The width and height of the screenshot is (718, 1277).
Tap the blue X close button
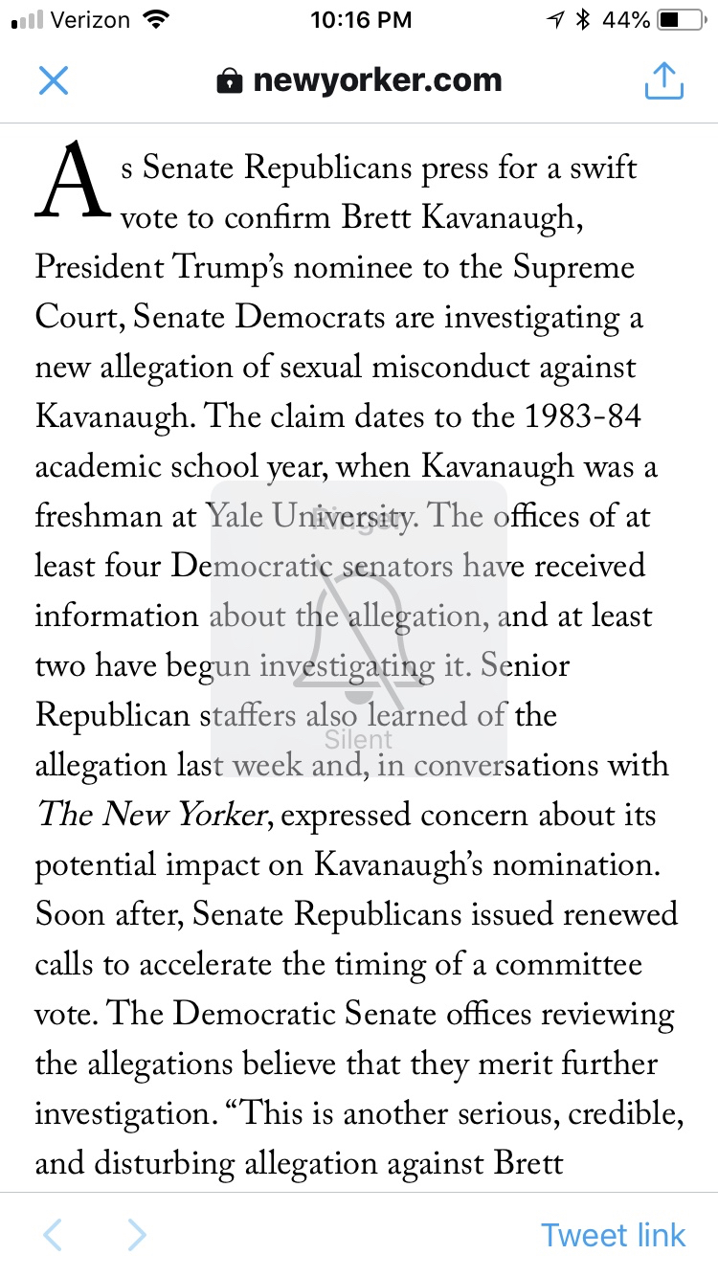(54, 81)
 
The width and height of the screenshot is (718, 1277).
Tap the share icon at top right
(663, 81)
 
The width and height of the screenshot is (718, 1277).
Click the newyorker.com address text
(377, 81)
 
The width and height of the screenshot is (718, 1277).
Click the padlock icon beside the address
(230, 82)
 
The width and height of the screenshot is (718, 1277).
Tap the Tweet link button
(613, 1235)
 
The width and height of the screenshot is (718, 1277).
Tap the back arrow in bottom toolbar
(53, 1235)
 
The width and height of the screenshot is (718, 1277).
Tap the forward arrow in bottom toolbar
(137, 1235)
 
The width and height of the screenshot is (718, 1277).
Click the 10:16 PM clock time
(361, 20)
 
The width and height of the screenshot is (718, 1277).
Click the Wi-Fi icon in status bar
(153, 20)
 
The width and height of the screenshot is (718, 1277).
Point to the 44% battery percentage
(627, 20)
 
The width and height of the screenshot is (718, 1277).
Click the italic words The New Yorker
(150, 816)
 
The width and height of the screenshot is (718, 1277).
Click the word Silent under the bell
(359, 739)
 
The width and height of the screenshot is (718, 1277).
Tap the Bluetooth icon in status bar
(582, 20)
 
